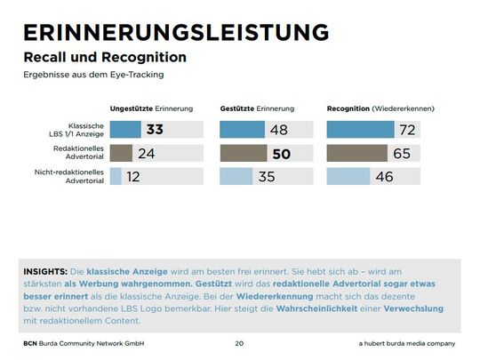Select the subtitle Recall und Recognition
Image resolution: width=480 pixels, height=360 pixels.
[105, 57]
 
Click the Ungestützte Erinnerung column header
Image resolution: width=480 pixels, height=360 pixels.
[151, 108]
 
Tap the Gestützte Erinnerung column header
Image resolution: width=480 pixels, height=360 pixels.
[257, 108]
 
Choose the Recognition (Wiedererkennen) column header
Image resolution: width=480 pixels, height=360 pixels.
[380, 108]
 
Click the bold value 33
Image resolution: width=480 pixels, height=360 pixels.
[155, 130]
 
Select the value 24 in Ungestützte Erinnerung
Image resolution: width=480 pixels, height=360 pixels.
[148, 153]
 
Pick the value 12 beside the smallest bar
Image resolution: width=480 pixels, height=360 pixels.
[134, 176]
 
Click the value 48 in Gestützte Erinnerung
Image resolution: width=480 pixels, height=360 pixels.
[278, 130]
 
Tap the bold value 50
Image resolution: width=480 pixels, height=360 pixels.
[281, 153]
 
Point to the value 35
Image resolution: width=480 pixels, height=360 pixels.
[267, 176]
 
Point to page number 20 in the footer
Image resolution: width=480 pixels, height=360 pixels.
[239, 342]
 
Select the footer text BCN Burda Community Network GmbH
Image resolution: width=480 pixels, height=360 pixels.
[84, 342]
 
